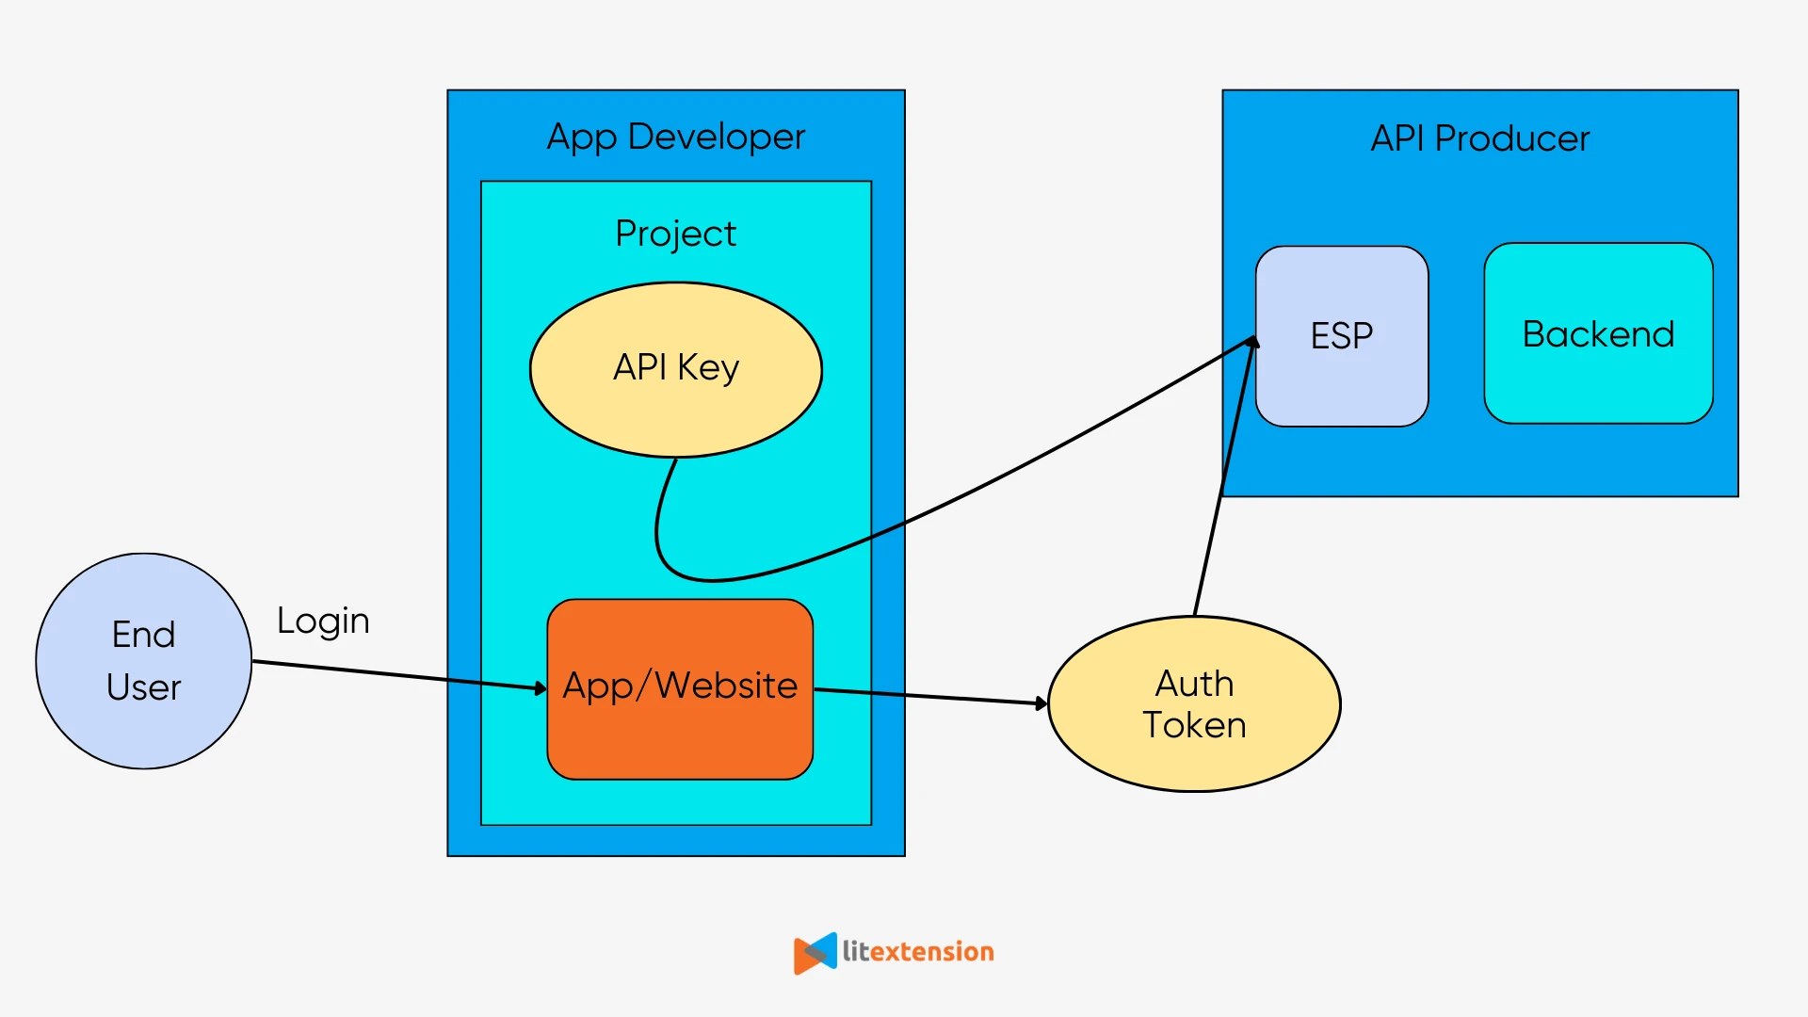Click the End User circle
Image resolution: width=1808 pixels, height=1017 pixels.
click(143, 661)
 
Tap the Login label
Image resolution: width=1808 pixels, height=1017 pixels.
click(323, 621)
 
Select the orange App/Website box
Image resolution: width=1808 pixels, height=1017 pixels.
click(680, 734)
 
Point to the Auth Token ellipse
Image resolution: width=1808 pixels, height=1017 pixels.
click(1193, 753)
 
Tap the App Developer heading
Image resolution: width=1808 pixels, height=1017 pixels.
click(676, 137)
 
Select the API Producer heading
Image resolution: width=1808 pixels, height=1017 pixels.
click(1479, 139)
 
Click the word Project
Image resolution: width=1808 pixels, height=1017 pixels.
click(675, 234)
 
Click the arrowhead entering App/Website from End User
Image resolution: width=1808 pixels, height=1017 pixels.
click(541, 688)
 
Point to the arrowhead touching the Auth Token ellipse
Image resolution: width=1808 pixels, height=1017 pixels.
click(1041, 703)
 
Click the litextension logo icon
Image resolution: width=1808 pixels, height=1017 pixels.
click(815, 953)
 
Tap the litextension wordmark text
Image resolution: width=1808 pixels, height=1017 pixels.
click(918, 952)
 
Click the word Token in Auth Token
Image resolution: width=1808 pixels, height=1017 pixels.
click(1194, 726)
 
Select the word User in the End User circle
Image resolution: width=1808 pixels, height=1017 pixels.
click(143, 687)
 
